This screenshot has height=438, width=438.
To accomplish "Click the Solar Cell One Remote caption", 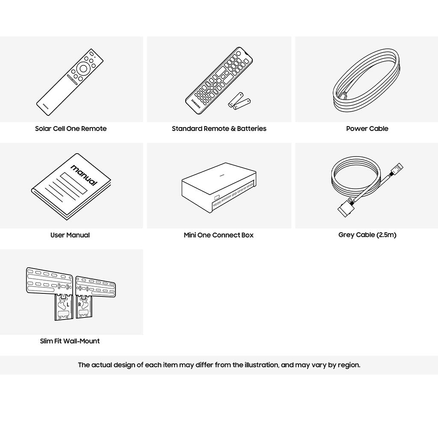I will [x=71, y=128].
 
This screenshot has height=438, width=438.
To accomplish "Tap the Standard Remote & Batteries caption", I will [x=219, y=128].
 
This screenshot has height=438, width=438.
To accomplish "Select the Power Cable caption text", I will [x=367, y=128].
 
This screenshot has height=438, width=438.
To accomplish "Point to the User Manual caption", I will [x=70, y=235].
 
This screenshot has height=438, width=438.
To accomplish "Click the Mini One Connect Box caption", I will [x=219, y=235].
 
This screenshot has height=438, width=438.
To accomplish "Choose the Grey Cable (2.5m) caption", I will [x=367, y=235].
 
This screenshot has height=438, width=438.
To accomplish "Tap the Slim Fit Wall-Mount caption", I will [x=70, y=341].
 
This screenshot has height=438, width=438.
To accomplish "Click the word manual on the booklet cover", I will [x=84, y=175].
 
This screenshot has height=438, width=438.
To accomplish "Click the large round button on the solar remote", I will [x=84, y=68].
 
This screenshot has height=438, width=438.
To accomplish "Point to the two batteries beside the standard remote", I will [x=239, y=101].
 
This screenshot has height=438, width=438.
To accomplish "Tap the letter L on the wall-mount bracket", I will [x=68, y=304].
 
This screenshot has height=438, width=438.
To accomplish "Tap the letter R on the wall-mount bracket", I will [x=80, y=305].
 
